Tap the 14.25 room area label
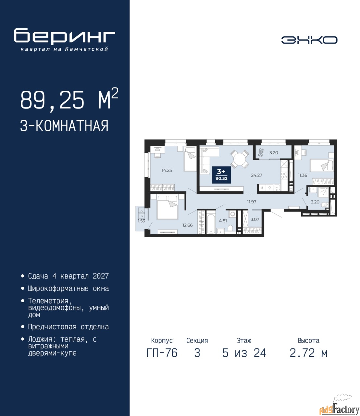pos(167,171)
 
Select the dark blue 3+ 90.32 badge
pos(221,175)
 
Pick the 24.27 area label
pos(256,175)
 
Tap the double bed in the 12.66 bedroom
pos(168,207)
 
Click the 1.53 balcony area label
pos(141,221)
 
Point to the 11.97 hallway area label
pos(252,201)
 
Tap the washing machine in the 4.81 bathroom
pos(232,214)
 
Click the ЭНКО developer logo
pos(309,40)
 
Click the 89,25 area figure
pos(52,100)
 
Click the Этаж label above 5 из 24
pos(244,340)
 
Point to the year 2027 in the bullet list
pos(101,276)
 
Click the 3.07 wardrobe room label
pos(255,219)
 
